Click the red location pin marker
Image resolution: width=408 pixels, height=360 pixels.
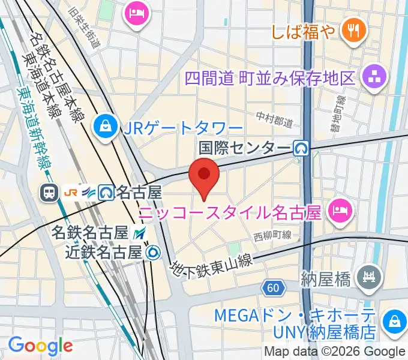tap(204, 176)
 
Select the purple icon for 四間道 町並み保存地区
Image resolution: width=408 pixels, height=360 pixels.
tap(373, 78)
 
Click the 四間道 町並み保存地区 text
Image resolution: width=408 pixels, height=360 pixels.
tap(270, 79)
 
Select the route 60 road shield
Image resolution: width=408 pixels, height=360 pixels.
tap(274, 289)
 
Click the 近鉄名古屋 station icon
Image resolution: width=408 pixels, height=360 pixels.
tap(153, 252)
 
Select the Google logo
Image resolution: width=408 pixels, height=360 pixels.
tap(40, 345)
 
